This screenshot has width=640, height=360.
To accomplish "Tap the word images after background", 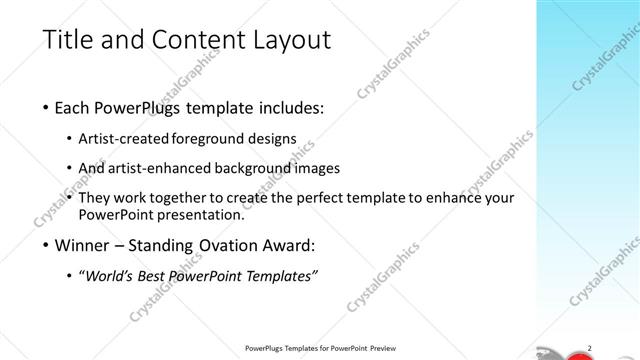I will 318,168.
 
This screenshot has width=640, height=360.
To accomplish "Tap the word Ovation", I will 221,245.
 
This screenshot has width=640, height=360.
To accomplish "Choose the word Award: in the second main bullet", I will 286,245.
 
